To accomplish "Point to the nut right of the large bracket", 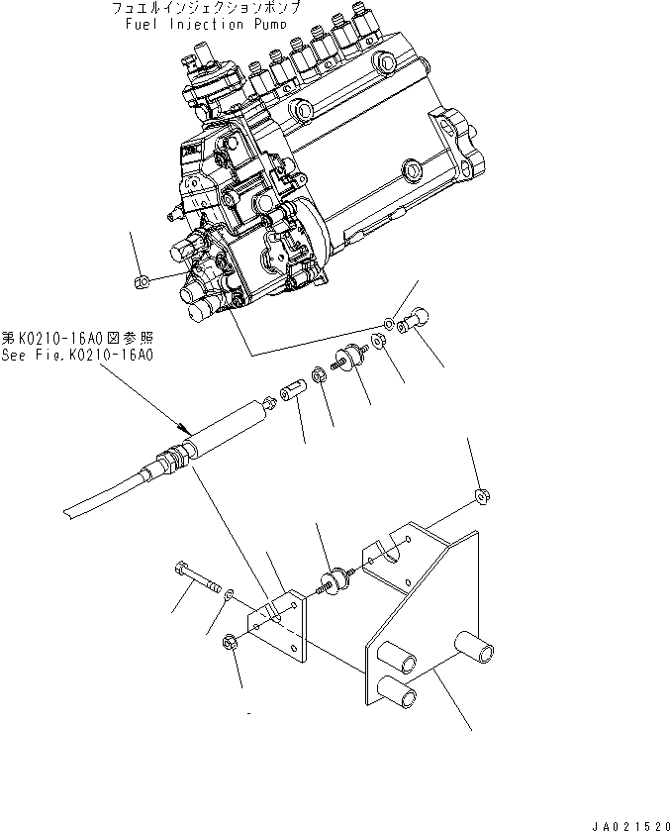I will pos(482,494).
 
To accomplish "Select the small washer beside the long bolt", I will pos(230,594).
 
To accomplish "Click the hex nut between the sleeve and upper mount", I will pos(320,374).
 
